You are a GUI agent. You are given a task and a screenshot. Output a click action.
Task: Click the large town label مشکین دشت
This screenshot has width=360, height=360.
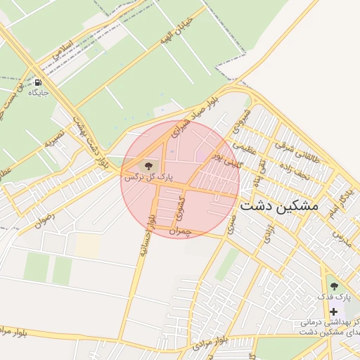[279, 206]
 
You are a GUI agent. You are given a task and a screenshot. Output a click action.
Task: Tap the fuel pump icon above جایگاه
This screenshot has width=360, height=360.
[37, 82]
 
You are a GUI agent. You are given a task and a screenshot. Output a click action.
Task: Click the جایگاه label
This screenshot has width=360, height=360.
[39, 93]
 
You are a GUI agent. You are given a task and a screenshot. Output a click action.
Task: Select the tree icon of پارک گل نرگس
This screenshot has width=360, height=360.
[148, 167]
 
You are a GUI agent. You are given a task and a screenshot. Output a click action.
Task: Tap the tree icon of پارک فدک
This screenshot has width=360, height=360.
[334, 285]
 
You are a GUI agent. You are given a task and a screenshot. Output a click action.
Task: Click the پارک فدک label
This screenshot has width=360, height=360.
[334, 297]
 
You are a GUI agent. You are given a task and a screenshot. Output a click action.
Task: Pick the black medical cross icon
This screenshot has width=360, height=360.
[333, 311]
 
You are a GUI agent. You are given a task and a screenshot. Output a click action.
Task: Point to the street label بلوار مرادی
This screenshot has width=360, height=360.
[228, 340]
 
